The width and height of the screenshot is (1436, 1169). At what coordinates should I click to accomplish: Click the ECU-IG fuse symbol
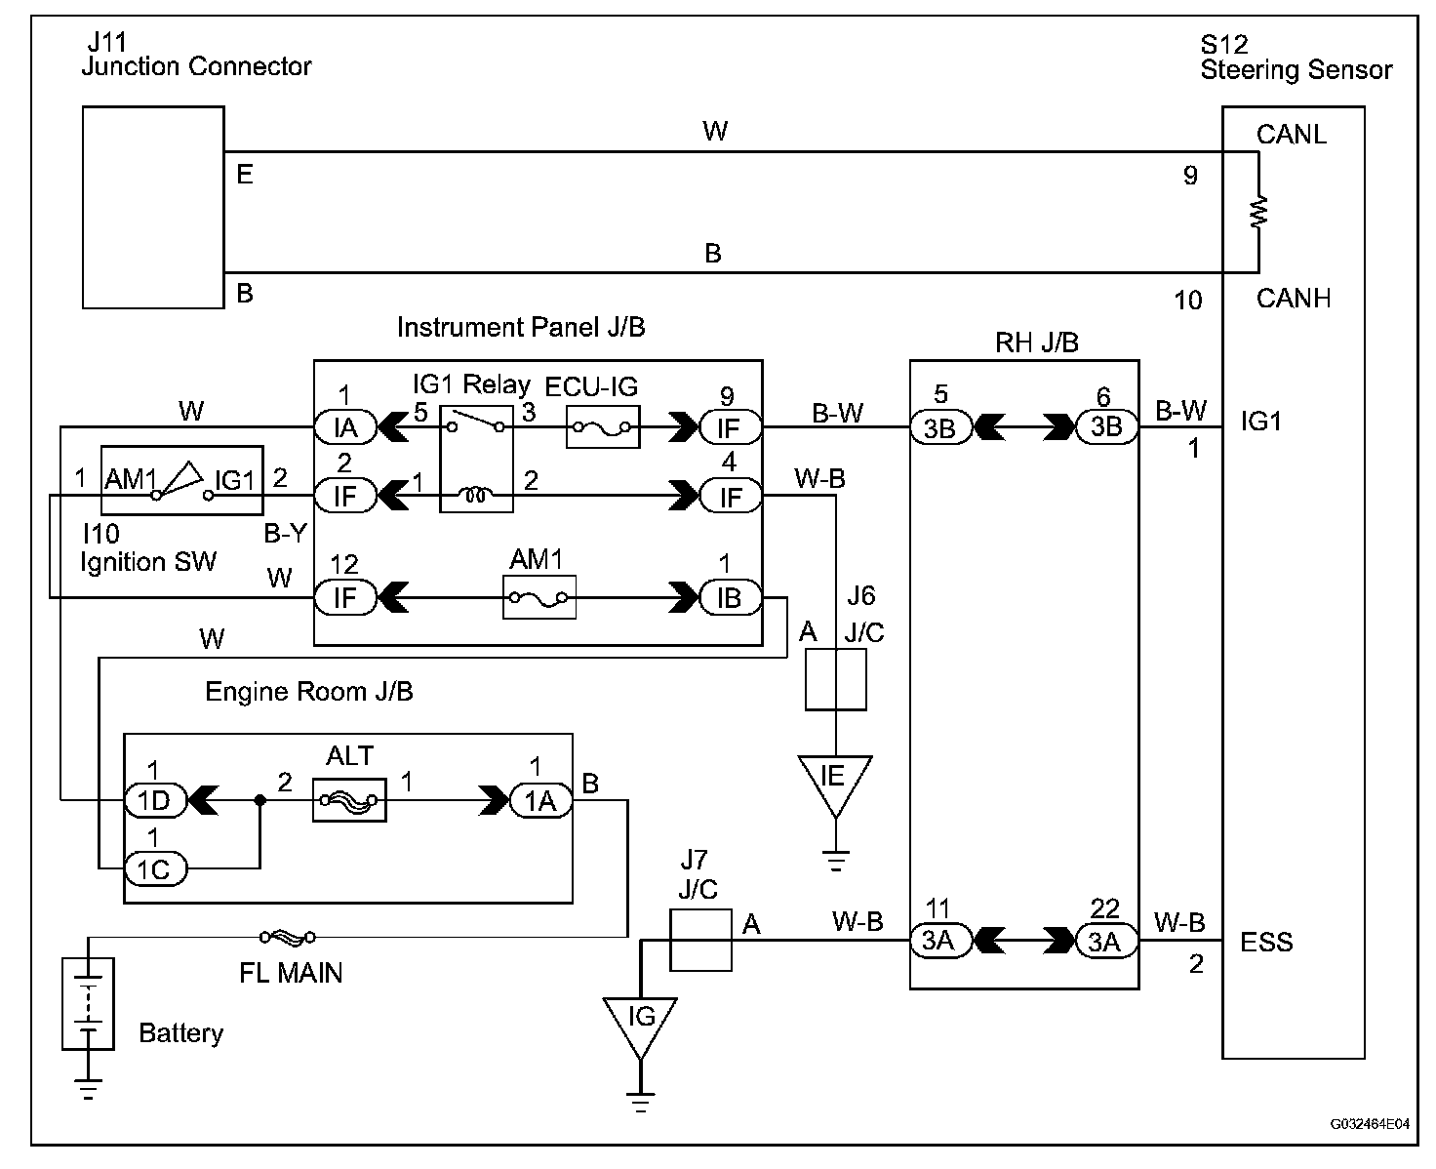(x=603, y=427)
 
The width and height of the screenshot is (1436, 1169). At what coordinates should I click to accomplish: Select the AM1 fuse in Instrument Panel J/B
(x=539, y=597)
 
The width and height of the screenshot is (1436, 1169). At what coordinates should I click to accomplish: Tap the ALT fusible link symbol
(x=349, y=800)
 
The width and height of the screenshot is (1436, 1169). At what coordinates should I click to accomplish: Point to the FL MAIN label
(x=291, y=972)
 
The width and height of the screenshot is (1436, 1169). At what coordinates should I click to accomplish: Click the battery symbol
(x=88, y=1003)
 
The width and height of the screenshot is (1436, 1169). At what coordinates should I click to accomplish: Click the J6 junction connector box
(x=836, y=679)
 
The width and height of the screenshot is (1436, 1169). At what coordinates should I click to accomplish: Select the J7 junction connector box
(x=700, y=940)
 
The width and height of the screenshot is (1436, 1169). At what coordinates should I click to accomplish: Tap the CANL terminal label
(x=1291, y=135)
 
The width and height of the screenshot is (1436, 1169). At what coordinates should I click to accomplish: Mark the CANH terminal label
(x=1293, y=298)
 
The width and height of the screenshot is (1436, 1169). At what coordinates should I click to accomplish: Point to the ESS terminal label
(x=1266, y=943)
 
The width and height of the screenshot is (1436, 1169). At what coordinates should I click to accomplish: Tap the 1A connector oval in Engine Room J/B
(x=539, y=800)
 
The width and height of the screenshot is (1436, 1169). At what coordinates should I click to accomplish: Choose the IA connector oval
(x=344, y=427)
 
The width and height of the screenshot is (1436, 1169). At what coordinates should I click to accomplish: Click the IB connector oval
(x=730, y=597)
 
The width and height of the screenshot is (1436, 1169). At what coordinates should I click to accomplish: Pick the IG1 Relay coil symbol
(x=476, y=497)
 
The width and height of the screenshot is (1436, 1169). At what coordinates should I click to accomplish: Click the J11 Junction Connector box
(x=153, y=208)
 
